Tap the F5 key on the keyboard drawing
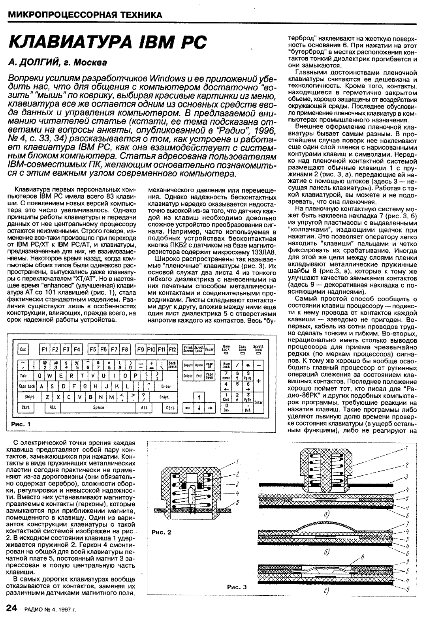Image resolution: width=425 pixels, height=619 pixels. tap(94, 349)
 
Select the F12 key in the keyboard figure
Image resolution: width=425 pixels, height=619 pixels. tap(172, 349)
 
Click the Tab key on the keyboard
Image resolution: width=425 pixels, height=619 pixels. tap(25, 375)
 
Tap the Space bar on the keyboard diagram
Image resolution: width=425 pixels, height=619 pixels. tap(99, 407)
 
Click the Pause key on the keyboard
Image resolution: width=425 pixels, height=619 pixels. tap(209, 349)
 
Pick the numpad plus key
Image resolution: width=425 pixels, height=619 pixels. tap(259, 381)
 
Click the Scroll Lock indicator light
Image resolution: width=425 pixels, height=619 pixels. tap(258, 353)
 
